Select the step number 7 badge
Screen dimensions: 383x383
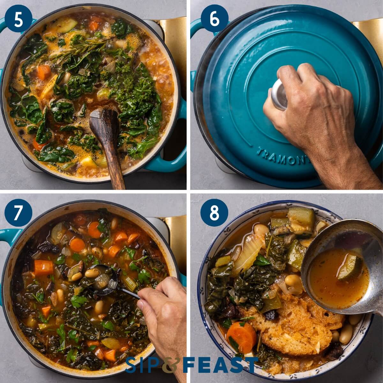19,213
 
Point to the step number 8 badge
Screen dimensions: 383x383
214,213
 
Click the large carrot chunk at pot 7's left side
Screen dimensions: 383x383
44,267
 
